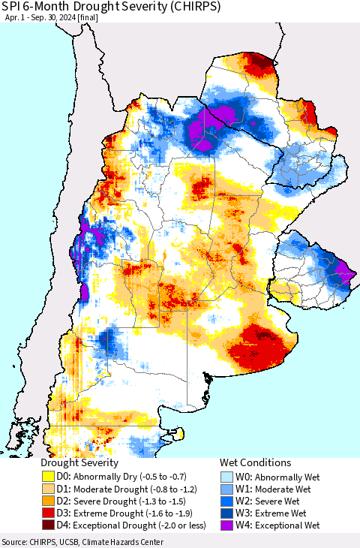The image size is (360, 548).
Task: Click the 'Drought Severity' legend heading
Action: click(79, 462)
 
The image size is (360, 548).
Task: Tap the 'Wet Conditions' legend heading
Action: click(255, 462)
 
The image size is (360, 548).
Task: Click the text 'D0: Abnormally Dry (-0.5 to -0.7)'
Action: click(121, 476)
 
